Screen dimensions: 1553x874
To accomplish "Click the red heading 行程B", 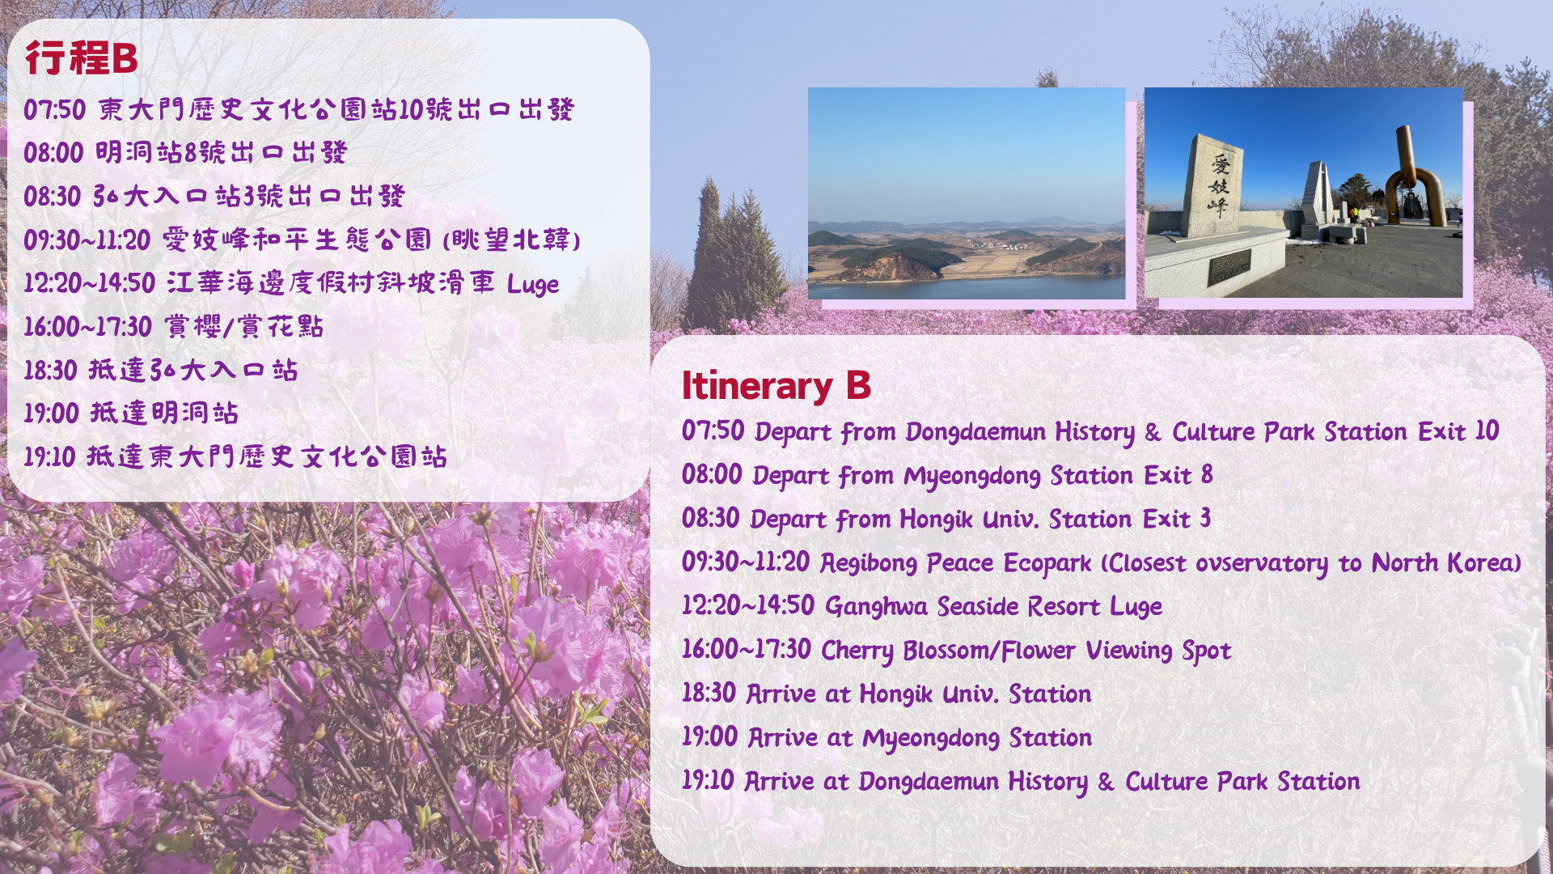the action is tap(81, 58).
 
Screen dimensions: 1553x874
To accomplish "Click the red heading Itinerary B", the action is tap(776, 385).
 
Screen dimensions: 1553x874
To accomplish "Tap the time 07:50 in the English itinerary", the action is tap(713, 431).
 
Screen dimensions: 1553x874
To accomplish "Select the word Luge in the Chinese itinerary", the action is tap(533, 284).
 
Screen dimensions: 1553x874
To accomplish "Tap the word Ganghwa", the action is tap(876, 606).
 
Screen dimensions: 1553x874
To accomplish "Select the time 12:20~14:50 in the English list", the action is tap(747, 605).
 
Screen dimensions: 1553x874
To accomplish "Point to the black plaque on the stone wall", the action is tap(1229, 267).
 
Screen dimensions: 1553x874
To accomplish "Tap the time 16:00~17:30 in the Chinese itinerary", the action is tap(87, 326).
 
